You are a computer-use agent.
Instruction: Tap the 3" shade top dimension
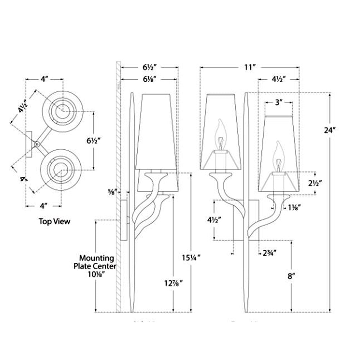coord(278,102)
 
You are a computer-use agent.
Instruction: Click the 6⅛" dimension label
coord(150,79)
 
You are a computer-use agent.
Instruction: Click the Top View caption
coord(54,221)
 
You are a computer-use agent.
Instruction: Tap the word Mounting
coord(96,258)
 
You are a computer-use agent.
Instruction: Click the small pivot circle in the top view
coord(36,144)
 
